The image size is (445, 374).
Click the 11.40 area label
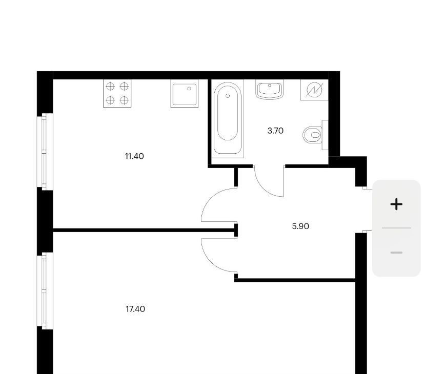134,156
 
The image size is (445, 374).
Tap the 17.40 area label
135,309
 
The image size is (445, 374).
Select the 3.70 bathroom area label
275,131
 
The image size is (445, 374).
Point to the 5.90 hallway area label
300,226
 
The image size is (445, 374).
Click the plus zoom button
396,204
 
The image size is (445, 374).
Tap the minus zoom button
396,253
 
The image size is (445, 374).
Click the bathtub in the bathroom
228,118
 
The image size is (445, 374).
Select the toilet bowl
312,135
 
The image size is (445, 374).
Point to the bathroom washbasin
269,89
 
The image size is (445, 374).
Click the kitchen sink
185,93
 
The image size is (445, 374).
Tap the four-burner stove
117,93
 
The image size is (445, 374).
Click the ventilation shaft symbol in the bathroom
314,90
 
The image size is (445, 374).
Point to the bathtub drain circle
228,96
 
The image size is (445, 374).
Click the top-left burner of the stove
110,86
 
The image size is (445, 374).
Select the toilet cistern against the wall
325,135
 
